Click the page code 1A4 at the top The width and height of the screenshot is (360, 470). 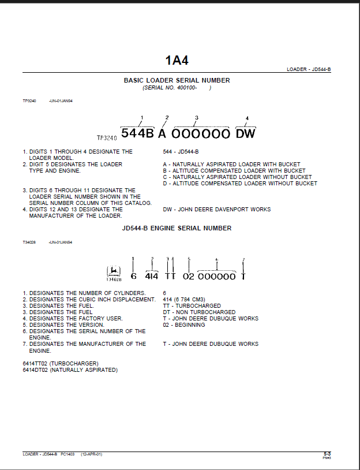(x=177, y=60)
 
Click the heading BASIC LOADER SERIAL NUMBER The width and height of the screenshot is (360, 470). (x=177, y=81)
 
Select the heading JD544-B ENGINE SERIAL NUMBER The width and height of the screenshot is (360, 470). (x=177, y=229)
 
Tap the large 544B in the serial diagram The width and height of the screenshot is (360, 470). (x=137, y=134)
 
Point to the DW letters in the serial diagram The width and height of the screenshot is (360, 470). (x=245, y=134)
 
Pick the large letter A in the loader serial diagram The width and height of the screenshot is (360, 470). (x=162, y=134)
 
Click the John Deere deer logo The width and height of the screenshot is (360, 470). (x=114, y=271)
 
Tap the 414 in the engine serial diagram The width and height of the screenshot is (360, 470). (x=151, y=277)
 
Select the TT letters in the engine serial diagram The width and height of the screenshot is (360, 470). (x=170, y=277)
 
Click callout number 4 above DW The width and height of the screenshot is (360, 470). (x=247, y=118)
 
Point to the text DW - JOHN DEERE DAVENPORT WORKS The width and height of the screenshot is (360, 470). (x=216, y=210)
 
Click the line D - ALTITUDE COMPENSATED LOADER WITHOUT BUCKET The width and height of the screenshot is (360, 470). (x=240, y=184)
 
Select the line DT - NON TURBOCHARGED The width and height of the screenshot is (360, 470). (x=199, y=312)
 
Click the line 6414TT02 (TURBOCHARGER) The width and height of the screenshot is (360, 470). (x=65, y=363)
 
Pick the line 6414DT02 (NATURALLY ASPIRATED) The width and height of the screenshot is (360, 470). (x=70, y=370)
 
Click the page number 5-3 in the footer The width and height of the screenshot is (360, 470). (x=327, y=454)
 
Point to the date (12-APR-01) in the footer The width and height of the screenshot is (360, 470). (x=91, y=454)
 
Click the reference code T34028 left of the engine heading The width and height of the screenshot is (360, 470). (x=29, y=243)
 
